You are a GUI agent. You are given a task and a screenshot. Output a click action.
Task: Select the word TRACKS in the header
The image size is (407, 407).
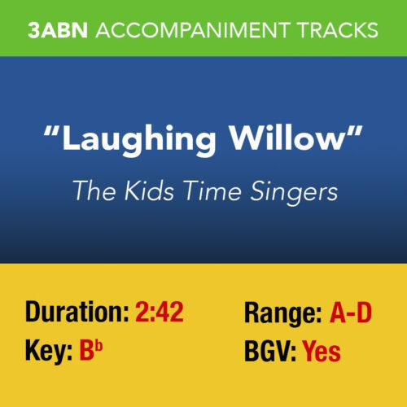[334, 31]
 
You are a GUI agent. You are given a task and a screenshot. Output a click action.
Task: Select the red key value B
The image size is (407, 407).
[87, 352]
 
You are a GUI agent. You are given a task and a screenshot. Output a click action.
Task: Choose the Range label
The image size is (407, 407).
[284, 313]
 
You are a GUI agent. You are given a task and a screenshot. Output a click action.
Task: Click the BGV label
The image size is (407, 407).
[269, 352]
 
